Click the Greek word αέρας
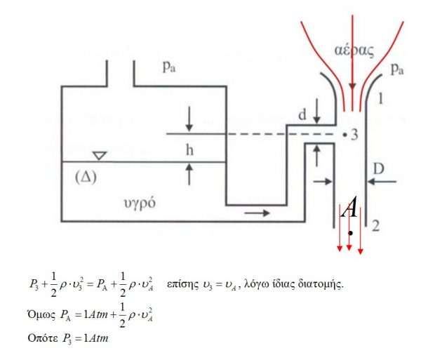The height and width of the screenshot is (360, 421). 354,51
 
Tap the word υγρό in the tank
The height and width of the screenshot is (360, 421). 140,204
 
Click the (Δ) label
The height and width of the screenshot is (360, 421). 86,177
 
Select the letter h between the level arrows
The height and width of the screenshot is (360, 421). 189,149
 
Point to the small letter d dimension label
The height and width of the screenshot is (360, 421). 302,115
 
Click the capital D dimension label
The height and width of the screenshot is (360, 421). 379,169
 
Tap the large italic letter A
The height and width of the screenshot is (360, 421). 349,207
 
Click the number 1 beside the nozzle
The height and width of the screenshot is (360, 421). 380,98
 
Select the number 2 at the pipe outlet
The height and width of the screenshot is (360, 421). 375,226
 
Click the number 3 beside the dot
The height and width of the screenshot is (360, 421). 354,135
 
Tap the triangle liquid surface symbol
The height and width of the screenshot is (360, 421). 100,156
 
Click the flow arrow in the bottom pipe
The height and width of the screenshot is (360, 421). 257,213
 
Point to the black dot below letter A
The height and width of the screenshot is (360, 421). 350,233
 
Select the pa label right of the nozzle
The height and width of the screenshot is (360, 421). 397,69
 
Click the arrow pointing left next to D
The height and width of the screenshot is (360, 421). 382,182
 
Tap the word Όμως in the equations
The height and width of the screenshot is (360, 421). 41,314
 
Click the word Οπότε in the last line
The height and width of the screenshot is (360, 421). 43,338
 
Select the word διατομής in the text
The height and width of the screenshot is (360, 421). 321,284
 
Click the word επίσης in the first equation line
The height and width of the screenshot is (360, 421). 182,284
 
